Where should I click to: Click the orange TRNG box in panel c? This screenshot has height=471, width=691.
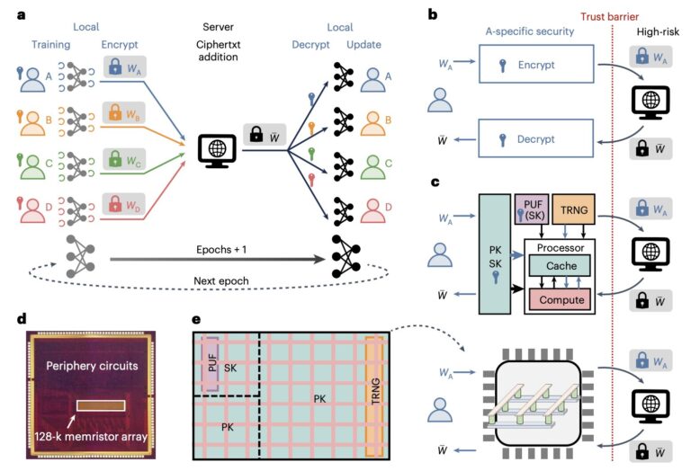click(x=573, y=209)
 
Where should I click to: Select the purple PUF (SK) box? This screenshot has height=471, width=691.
click(x=532, y=209)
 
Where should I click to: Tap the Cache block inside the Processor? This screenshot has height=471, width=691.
click(x=560, y=265)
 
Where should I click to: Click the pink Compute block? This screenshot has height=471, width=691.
click(x=560, y=299)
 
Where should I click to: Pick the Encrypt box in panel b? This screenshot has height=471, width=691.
click(x=536, y=64)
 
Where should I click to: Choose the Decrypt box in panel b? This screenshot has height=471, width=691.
click(x=536, y=138)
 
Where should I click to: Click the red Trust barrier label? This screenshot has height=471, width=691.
click(x=609, y=17)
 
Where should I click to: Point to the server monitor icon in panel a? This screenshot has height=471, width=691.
click(x=217, y=150)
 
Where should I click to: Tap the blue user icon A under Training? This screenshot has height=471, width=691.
click(x=32, y=79)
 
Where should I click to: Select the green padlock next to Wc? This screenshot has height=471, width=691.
click(x=115, y=159)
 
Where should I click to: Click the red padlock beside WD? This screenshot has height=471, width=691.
click(x=115, y=204)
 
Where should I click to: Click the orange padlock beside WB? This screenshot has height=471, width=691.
click(x=115, y=112)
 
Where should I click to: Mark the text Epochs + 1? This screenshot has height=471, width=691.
click(x=221, y=250)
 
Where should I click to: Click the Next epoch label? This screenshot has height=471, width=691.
click(x=221, y=280)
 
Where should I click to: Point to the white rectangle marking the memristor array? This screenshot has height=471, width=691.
click(x=101, y=405)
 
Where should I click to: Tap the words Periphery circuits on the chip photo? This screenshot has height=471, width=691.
click(x=92, y=366)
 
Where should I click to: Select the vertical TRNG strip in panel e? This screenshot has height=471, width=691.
click(x=375, y=396)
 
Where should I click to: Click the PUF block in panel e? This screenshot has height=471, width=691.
click(x=211, y=364)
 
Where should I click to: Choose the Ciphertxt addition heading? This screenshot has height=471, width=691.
click(x=218, y=50)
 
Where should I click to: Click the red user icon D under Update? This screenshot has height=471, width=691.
click(x=372, y=211)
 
